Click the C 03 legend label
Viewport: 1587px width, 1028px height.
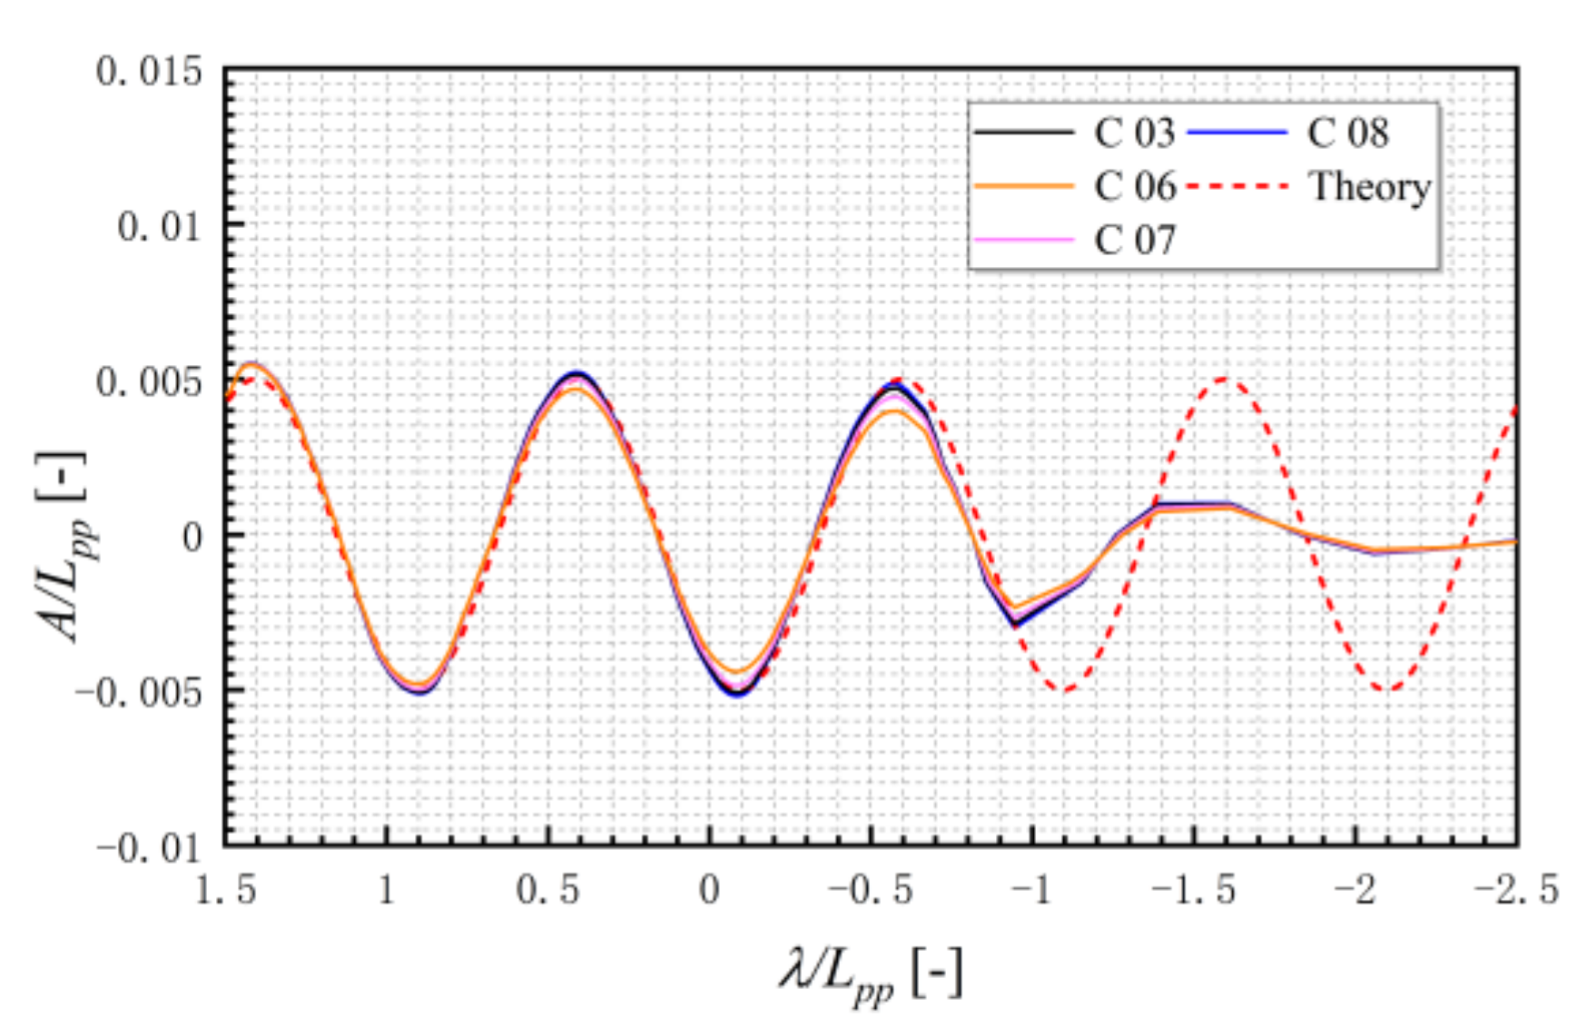pyautogui.click(x=1134, y=133)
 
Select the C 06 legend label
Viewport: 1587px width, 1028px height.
pyautogui.click(x=1134, y=187)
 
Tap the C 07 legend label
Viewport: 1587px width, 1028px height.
pyautogui.click(x=1134, y=241)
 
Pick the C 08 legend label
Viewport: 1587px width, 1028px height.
pyautogui.click(x=1347, y=133)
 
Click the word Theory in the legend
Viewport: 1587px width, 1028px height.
pyautogui.click(x=1369, y=187)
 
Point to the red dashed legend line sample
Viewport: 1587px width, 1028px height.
pyautogui.click(x=1237, y=187)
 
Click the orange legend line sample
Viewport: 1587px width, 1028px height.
pyautogui.click(x=1024, y=187)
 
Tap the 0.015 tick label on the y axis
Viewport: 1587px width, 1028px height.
pyautogui.click(x=149, y=71)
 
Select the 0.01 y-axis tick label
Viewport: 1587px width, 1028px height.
pyautogui.click(x=160, y=226)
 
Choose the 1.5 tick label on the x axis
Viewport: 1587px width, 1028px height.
pyautogui.click(x=226, y=890)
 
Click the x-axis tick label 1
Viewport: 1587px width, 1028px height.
pyautogui.click(x=387, y=890)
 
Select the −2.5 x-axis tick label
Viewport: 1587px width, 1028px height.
pyautogui.click(x=1516, y=890)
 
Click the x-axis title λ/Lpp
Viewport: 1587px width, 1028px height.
pyautogui.click(x=870, y=976)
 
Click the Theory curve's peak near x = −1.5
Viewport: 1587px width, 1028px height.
pyautogui.click(x=1225, y=378)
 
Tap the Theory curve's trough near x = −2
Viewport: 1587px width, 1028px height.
pyautogui.click(x=1385, y=690)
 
